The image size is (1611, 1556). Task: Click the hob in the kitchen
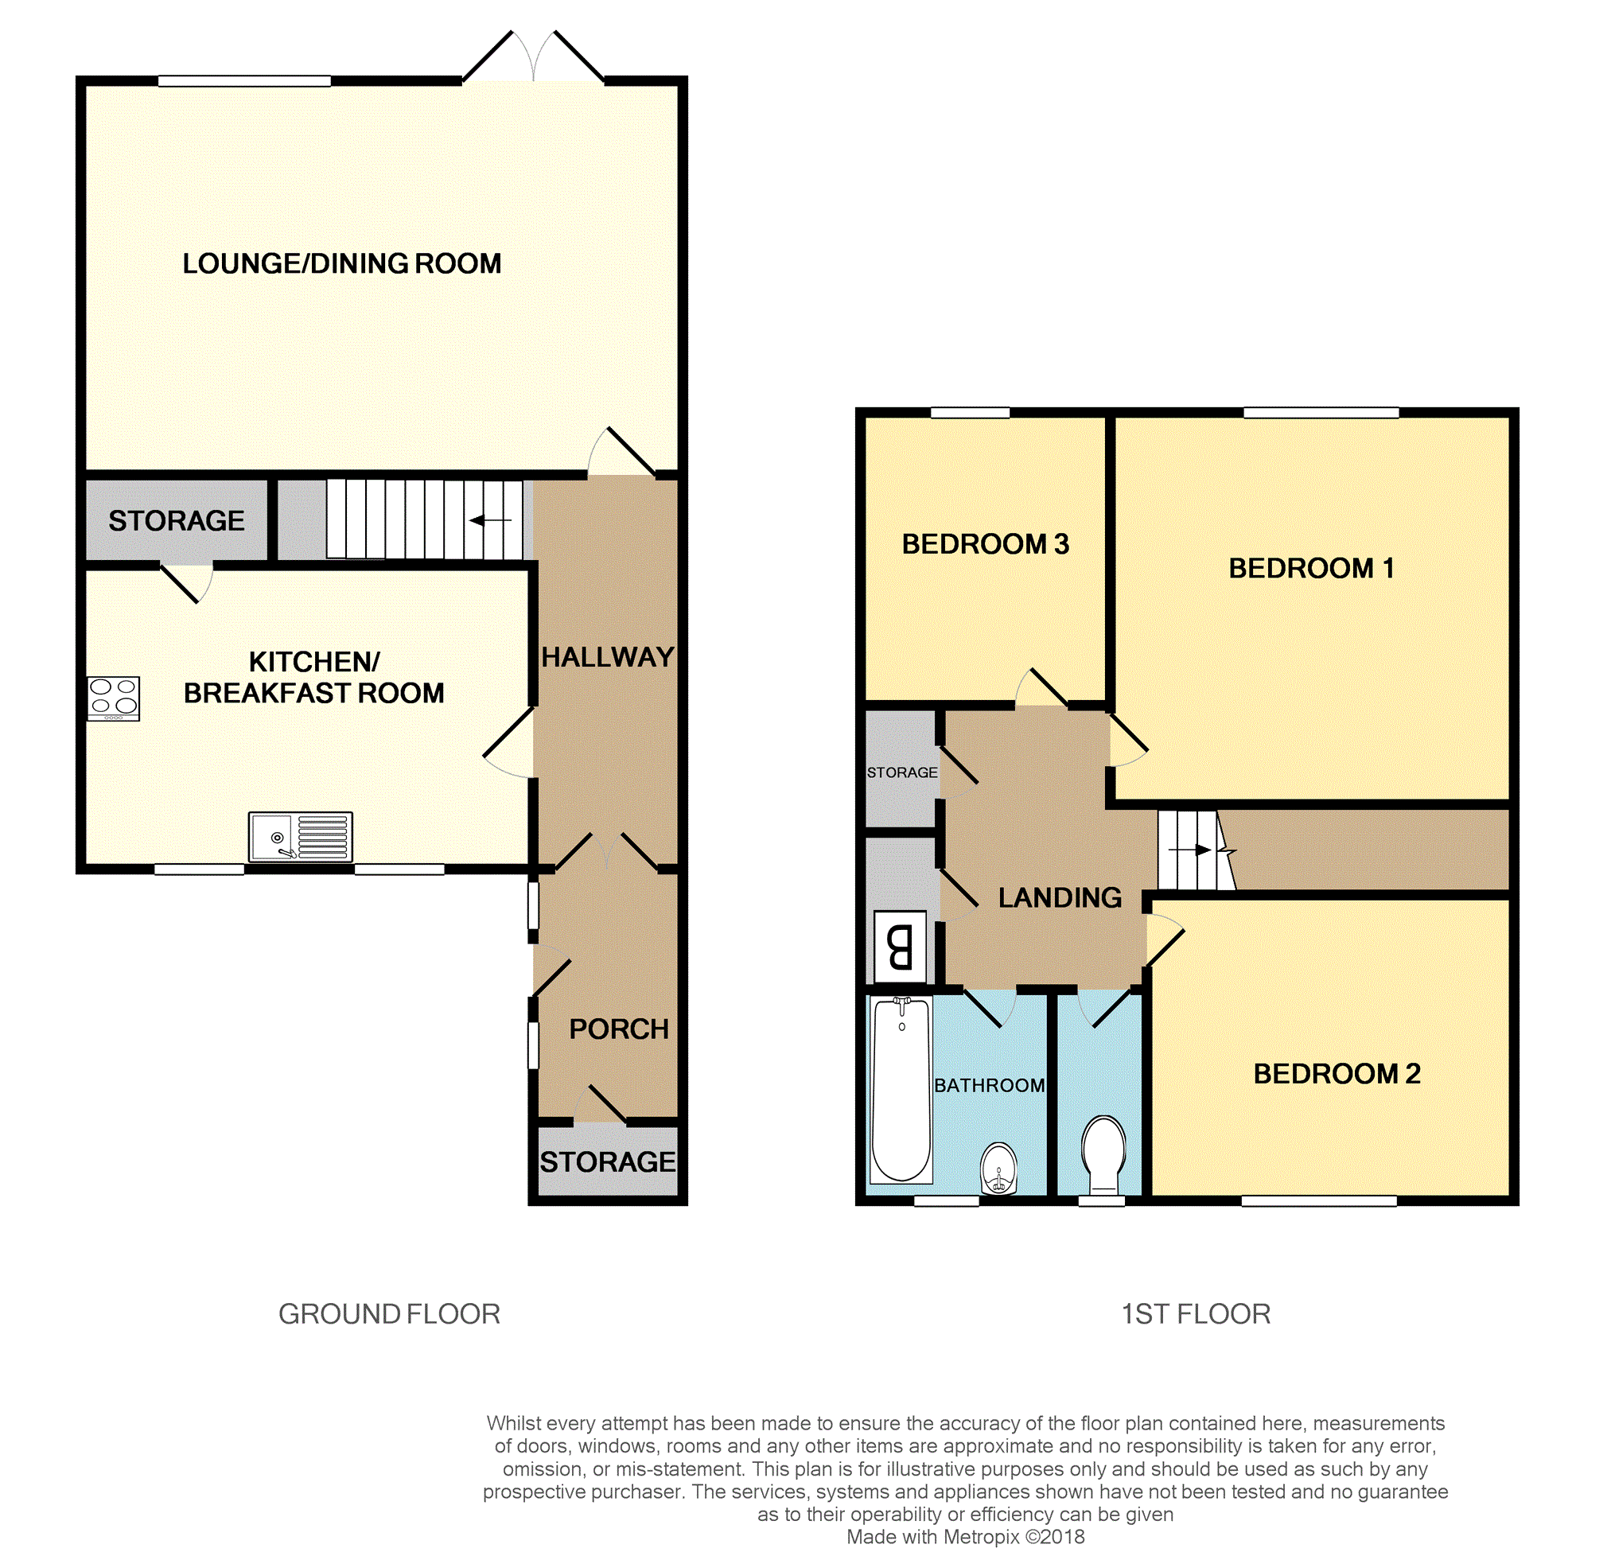(x=114, y=698)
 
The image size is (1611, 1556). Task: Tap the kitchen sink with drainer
(x=301, y=837)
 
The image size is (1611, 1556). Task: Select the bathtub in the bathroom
(x=901, y=1089)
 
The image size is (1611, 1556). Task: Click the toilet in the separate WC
(x=1103, y=1154)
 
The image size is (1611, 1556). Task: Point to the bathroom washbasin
(x=998, y=1168)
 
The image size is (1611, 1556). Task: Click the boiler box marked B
(x=900, y=946)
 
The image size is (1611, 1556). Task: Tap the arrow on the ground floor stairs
(x=491, y=519)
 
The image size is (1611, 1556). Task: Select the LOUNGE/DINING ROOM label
(x=342, y=264)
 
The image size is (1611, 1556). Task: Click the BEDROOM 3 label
(x=986, y=544)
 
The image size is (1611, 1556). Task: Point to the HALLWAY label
(x=608, y=657)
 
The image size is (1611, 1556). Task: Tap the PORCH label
(x=619, y=1029)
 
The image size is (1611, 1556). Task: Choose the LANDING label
(x=1060, y=897)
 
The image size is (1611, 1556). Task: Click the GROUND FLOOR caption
(x=389, y=1314)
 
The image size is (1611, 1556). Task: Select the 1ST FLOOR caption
(x=1196, y=1314)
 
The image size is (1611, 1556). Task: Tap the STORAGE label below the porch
(x=608, y=1161)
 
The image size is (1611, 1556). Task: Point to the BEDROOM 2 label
(x=1337, y=1073)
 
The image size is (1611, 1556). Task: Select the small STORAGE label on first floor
(x=901, y=772)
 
